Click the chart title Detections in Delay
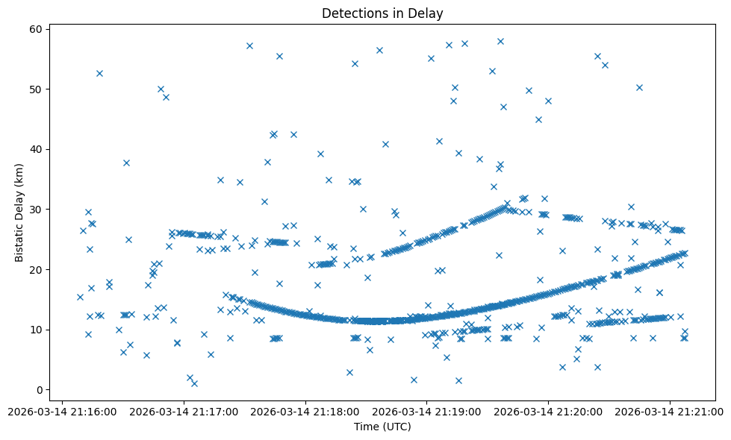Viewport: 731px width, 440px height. coord(382,13)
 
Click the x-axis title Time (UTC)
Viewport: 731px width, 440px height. coord(382,427)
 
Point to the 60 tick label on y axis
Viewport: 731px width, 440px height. coord(34,29)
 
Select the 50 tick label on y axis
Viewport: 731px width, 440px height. coord(34,89)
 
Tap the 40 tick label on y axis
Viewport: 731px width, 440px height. coord(34,149)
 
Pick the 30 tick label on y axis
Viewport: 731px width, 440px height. coord(34,210)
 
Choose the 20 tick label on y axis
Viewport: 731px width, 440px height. coord(34,269)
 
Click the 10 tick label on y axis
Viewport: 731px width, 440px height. coord(34,330)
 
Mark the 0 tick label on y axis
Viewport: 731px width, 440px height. coord(37,389)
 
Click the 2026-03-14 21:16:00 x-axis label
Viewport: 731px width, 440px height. coord(62,411)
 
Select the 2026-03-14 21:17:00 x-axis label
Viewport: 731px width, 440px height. coord(184,411)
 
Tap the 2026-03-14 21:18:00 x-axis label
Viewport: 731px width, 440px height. coord(305,411)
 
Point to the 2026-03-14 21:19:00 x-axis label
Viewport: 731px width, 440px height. coord(427,411)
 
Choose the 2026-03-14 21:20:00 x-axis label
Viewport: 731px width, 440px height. coord(549,411)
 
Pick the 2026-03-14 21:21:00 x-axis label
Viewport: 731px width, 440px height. coord(671,411)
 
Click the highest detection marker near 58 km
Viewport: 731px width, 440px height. coord(500,42)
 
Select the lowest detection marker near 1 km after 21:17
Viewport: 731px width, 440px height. coord(194,383)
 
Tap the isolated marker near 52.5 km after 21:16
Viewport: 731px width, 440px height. coord(99,73)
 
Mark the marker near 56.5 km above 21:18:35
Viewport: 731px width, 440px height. coord(379,50)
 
